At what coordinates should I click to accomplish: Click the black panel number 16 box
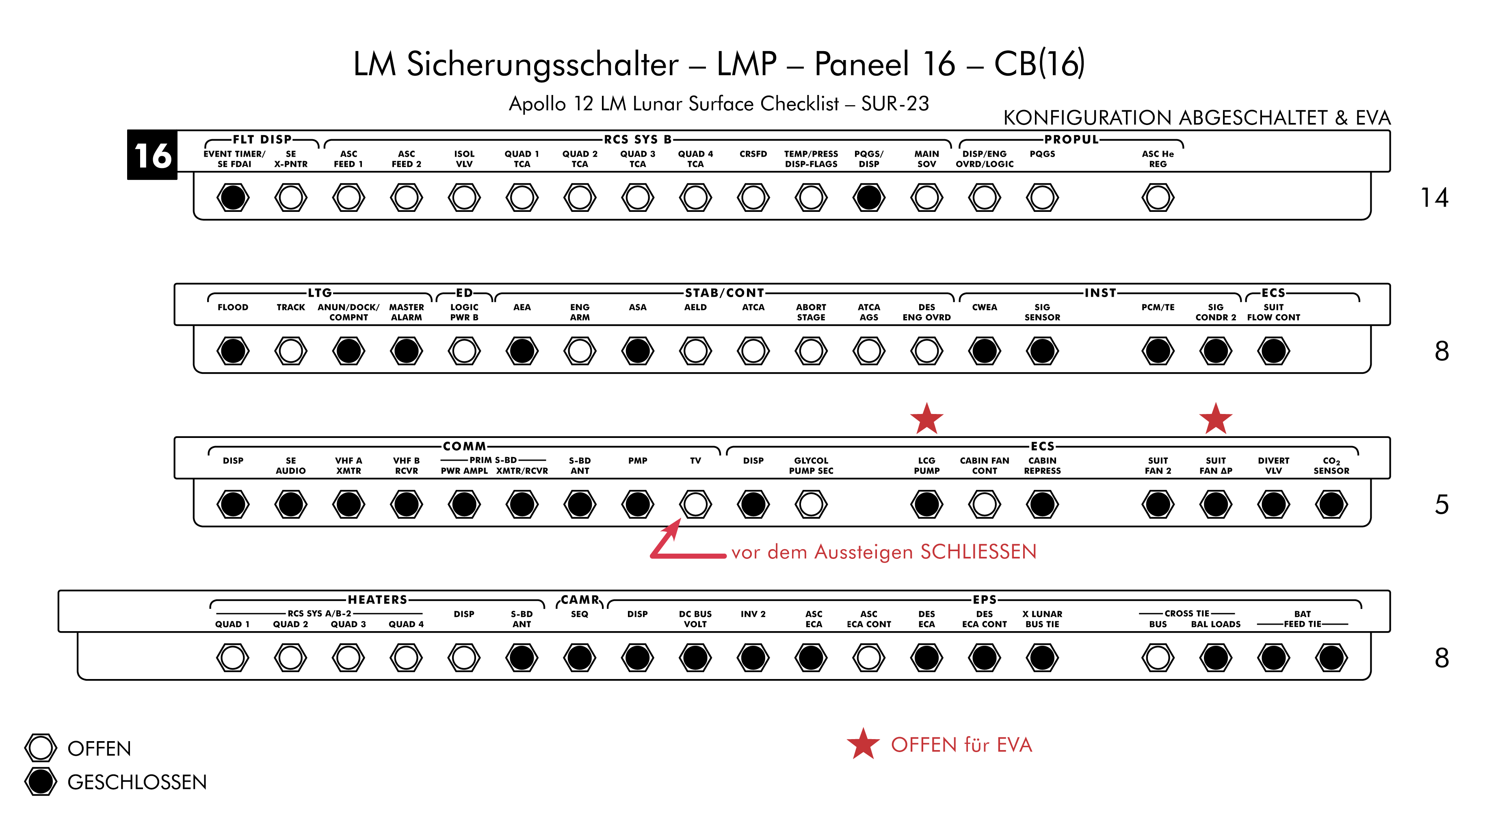tap(152, 155)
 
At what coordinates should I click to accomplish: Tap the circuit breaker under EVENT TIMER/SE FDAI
tap(233, 197)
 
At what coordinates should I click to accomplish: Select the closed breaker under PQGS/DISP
tap(869, 197)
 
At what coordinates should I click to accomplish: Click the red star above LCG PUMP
tap(926, 419)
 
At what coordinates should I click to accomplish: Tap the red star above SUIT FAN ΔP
tap(1216, 419)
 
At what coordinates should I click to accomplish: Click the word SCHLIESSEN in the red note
tap(978, 552)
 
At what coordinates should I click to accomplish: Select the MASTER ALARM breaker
tap(407, 351)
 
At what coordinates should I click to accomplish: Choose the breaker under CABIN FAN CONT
tap(984, 504)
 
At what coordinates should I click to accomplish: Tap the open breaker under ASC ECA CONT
tap(869, 658)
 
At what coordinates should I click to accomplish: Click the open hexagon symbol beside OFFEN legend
tap(40, 748)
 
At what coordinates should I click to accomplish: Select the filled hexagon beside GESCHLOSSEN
tap(40, 782)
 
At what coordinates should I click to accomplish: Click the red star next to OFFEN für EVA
tap(863, 744)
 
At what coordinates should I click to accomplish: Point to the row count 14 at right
tap(1435, 198)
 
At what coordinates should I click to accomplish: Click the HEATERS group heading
tap(377, 600)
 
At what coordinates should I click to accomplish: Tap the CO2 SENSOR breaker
tap(1331, 504)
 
